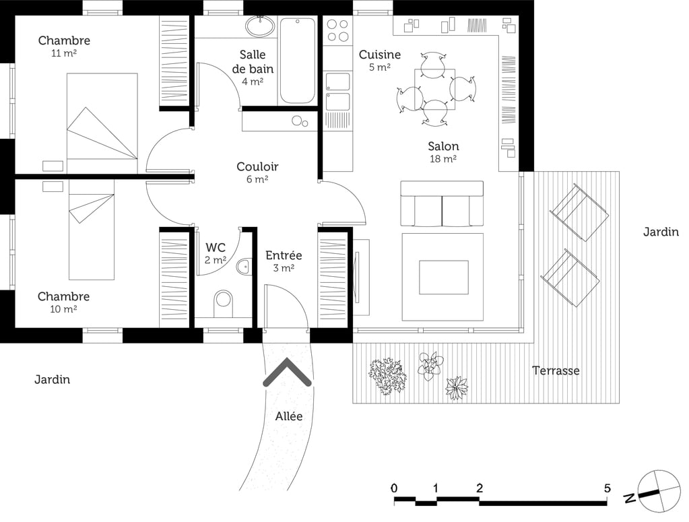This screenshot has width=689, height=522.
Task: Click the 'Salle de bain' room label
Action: pos(253,61)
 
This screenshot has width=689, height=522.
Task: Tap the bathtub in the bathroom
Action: pos(297,60)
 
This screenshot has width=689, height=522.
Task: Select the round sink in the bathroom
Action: pos(259,27)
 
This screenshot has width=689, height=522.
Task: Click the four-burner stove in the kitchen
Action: pos(337,31)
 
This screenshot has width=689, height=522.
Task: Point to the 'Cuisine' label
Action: pos(379,55)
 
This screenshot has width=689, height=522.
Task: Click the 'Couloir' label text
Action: pos(257,166)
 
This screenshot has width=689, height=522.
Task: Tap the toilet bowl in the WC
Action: pos(223,303)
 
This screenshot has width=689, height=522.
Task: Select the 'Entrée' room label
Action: pos(284,255)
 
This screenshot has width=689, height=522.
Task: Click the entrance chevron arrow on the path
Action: pos(287,372)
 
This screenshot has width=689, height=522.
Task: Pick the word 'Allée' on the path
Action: pos(288,416)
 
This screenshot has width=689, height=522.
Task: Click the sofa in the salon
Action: pos(442,204)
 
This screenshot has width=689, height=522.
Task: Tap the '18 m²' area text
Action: pos(443,159)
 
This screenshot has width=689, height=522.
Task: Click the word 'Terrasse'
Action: pos(556,370)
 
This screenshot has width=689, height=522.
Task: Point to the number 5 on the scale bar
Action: pos(607,488)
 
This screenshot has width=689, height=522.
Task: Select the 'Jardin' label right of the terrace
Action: pos(660,232)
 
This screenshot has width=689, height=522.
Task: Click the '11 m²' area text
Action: pos(63,53)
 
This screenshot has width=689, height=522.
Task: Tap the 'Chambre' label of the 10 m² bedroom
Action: pos(63,296)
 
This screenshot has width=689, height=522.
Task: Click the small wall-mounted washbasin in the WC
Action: pos(244,267)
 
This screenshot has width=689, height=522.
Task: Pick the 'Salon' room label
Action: pos(443,146)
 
